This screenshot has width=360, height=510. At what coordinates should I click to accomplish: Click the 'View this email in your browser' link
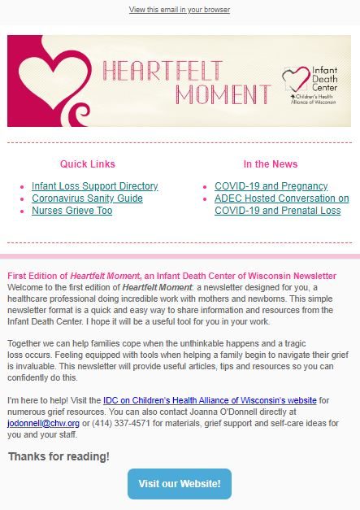[179, 10]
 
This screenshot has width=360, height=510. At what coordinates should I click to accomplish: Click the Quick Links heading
[88, 164]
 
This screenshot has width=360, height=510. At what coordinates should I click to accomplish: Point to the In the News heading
[271, 164]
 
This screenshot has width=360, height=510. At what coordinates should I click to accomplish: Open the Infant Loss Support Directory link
[94, 186]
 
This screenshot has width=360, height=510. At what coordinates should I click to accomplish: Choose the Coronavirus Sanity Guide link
[87, 198]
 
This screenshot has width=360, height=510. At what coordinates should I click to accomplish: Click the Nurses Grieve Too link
[72, 211]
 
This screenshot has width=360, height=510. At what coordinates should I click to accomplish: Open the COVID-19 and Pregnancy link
[271, 186]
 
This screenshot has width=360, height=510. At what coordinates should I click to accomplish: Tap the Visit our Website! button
[179, 483]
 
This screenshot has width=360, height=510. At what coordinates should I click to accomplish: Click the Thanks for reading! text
[59, 456]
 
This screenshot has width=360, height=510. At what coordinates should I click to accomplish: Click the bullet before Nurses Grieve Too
[22, 211]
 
